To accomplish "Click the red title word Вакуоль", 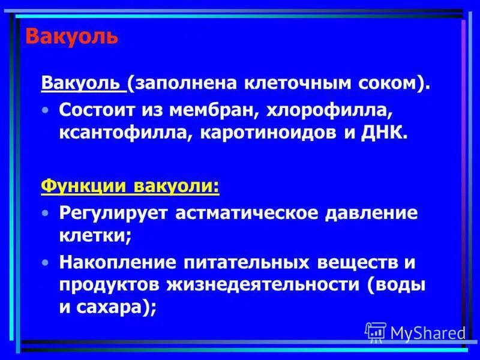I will [71, 37].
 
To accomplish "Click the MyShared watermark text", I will [427, 332].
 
